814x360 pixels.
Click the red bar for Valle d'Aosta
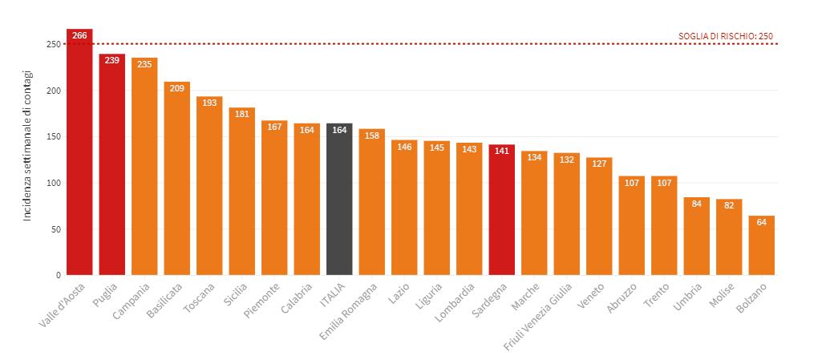[79, 152]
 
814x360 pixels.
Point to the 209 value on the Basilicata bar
[177, 88]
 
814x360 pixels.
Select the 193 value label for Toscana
[209, 103]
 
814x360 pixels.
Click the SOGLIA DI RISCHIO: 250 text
[725, 36]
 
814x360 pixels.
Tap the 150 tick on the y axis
[52, 137]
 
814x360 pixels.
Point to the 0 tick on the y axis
[57, 275]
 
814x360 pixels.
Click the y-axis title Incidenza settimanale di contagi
[28, 144]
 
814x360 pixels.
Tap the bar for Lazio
[404, 208]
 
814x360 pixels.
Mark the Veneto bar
[599, 216]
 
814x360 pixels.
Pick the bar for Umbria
[696, 236]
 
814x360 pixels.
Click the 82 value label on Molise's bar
[729, 206]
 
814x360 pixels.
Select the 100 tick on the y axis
[52, 184]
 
